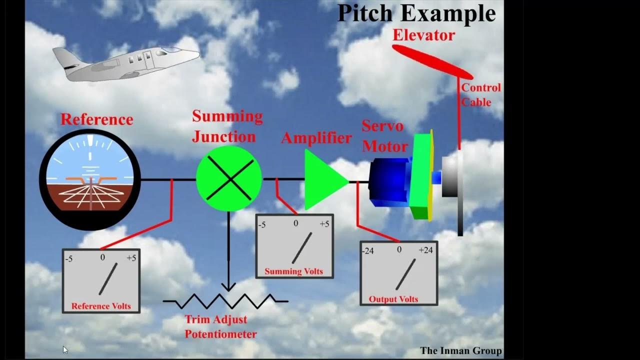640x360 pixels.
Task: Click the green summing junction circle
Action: (228, 179)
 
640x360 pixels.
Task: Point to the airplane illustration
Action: (125, 63)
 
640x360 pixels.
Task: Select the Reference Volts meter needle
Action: (108, 279)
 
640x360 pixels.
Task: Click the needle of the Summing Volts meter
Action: (301, 248)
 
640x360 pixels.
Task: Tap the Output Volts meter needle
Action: (405, 274)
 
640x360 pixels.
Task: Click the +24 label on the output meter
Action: (425, 250)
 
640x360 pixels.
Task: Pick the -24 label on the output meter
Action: (368, 250)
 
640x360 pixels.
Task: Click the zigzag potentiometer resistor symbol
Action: (225, 301)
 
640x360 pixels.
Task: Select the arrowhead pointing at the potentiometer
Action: (228, 287)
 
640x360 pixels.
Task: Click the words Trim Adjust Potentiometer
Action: (220, 326)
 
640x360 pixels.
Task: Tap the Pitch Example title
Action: (416, 13)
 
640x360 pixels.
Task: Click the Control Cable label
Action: (480, 94)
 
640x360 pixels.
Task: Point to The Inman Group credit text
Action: (460, 350)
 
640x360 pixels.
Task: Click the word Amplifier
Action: (316, 138)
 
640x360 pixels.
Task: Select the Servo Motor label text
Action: (384, 136)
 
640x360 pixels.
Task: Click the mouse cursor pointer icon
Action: (65, 350)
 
